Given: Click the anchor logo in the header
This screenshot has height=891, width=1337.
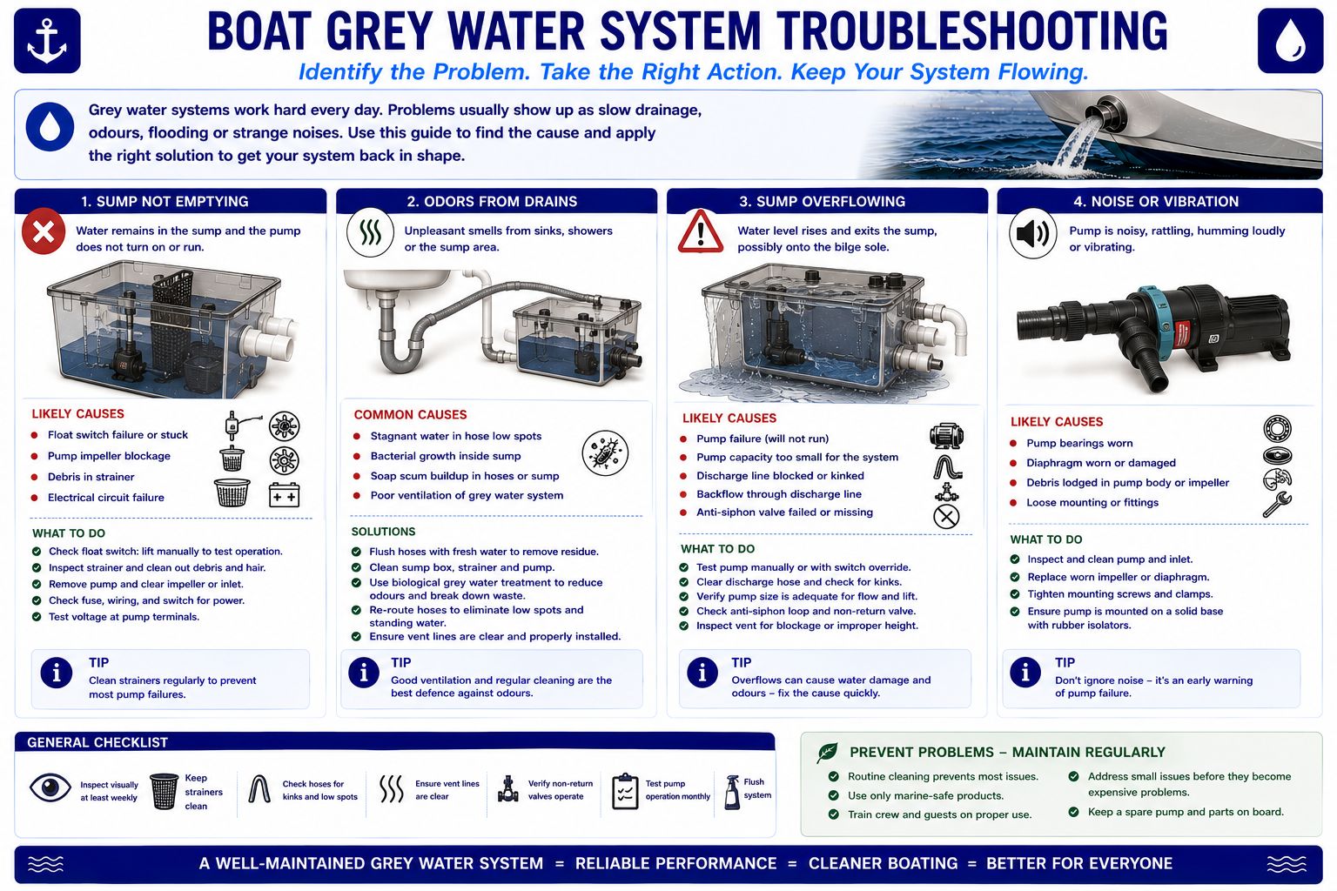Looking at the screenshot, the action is [47, 41].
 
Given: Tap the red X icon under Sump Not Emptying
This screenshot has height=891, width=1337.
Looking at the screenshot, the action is [44, 231].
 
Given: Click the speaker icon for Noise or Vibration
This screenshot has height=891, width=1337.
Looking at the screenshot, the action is [1032, 233].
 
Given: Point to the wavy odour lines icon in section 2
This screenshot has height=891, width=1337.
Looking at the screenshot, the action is [370, 232].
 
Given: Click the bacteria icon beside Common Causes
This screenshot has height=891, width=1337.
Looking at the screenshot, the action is [605, 453].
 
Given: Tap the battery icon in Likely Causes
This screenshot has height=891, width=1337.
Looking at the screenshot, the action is [284, 495].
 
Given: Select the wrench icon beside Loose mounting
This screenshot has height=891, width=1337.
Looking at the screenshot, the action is [1277, 505].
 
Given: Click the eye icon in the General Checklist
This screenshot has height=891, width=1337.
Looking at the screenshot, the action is [50, 787].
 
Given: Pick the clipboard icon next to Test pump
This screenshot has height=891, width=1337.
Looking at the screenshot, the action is [625, 791].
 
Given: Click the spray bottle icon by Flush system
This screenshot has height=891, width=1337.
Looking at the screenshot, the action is [732, 792].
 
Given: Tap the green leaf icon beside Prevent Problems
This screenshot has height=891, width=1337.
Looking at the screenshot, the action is [827, 753].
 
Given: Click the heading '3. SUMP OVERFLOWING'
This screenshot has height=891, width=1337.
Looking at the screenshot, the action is [822, 202].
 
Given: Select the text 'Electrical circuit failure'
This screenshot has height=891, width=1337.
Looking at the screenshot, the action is [105, 498].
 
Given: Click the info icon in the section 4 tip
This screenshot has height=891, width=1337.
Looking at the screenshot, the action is [1025, 673].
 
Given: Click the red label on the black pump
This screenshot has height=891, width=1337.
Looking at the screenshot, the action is [1181, 334].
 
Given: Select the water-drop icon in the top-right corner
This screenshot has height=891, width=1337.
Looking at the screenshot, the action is [1290, 41].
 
